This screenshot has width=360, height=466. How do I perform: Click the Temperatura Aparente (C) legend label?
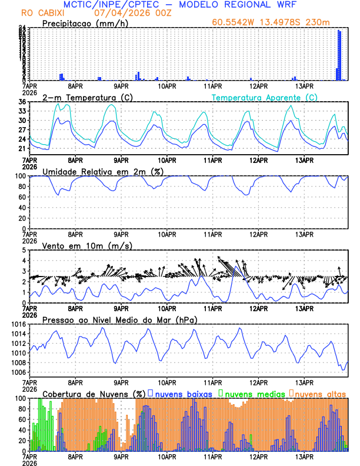pos(265,97)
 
